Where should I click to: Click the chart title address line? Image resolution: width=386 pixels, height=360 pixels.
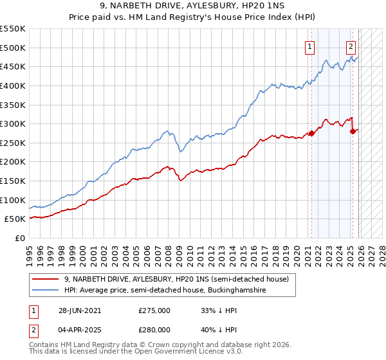193,6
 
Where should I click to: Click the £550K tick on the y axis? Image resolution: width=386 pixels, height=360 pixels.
13,29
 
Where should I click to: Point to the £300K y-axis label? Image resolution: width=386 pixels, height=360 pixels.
13,123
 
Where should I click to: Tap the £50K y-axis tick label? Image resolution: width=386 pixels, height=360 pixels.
15,219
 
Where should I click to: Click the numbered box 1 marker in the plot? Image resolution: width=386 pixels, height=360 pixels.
310,46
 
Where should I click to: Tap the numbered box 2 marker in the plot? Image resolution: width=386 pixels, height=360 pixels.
351,46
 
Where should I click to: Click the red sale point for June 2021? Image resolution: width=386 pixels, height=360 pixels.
311,133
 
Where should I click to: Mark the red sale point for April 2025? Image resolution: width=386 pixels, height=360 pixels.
352,131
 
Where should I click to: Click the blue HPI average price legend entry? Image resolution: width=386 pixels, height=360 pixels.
165,291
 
